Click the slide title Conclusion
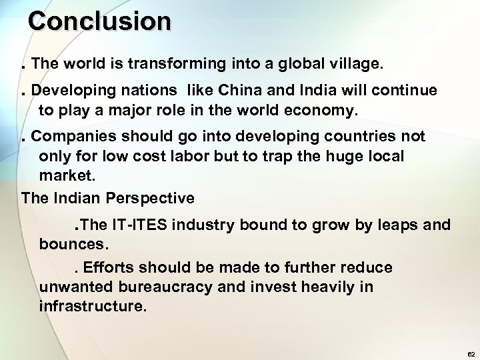pos(99,21)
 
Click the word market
pos(67,177)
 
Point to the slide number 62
pos(471,353)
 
